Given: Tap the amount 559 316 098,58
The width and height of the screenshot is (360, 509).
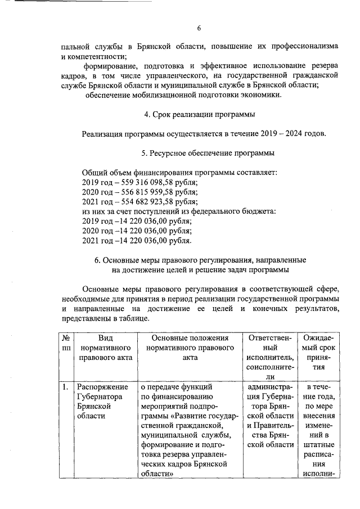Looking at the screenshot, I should [145, 182].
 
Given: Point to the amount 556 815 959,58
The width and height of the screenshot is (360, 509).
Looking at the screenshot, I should [145, 192].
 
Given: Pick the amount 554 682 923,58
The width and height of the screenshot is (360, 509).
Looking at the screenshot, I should [145, 201].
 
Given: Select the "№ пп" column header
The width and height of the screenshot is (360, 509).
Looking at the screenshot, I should [66, 343].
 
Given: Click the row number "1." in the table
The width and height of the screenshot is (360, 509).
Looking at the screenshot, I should [66, 387].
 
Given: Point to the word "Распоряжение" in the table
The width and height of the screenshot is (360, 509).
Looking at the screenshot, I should [102, 387].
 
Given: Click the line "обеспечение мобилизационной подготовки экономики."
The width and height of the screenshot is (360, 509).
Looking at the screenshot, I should [183, 94].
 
